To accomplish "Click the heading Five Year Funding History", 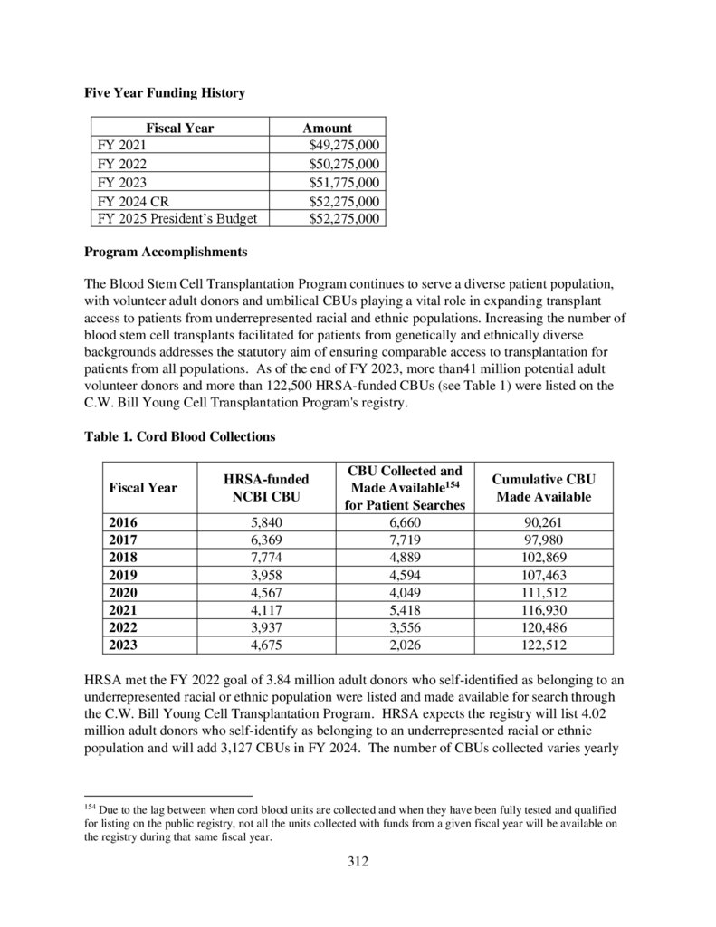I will coord(165,92).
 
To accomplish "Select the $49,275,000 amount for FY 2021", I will coord(344,145).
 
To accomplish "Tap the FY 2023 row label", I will coord(121,182).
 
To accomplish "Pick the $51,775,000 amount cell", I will coord(344,182).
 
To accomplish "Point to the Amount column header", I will coord(327,128).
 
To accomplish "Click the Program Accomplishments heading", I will coord(166,251).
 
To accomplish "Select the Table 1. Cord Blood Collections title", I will coord(180,436).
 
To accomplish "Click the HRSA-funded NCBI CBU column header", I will coord(266,488).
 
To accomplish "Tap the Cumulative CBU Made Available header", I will coord(543,488).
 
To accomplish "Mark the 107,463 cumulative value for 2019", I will coord(543,574).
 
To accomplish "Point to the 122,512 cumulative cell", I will coord(543,645).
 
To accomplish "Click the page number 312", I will coord(358,861).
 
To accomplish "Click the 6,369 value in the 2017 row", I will coord(266,540).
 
